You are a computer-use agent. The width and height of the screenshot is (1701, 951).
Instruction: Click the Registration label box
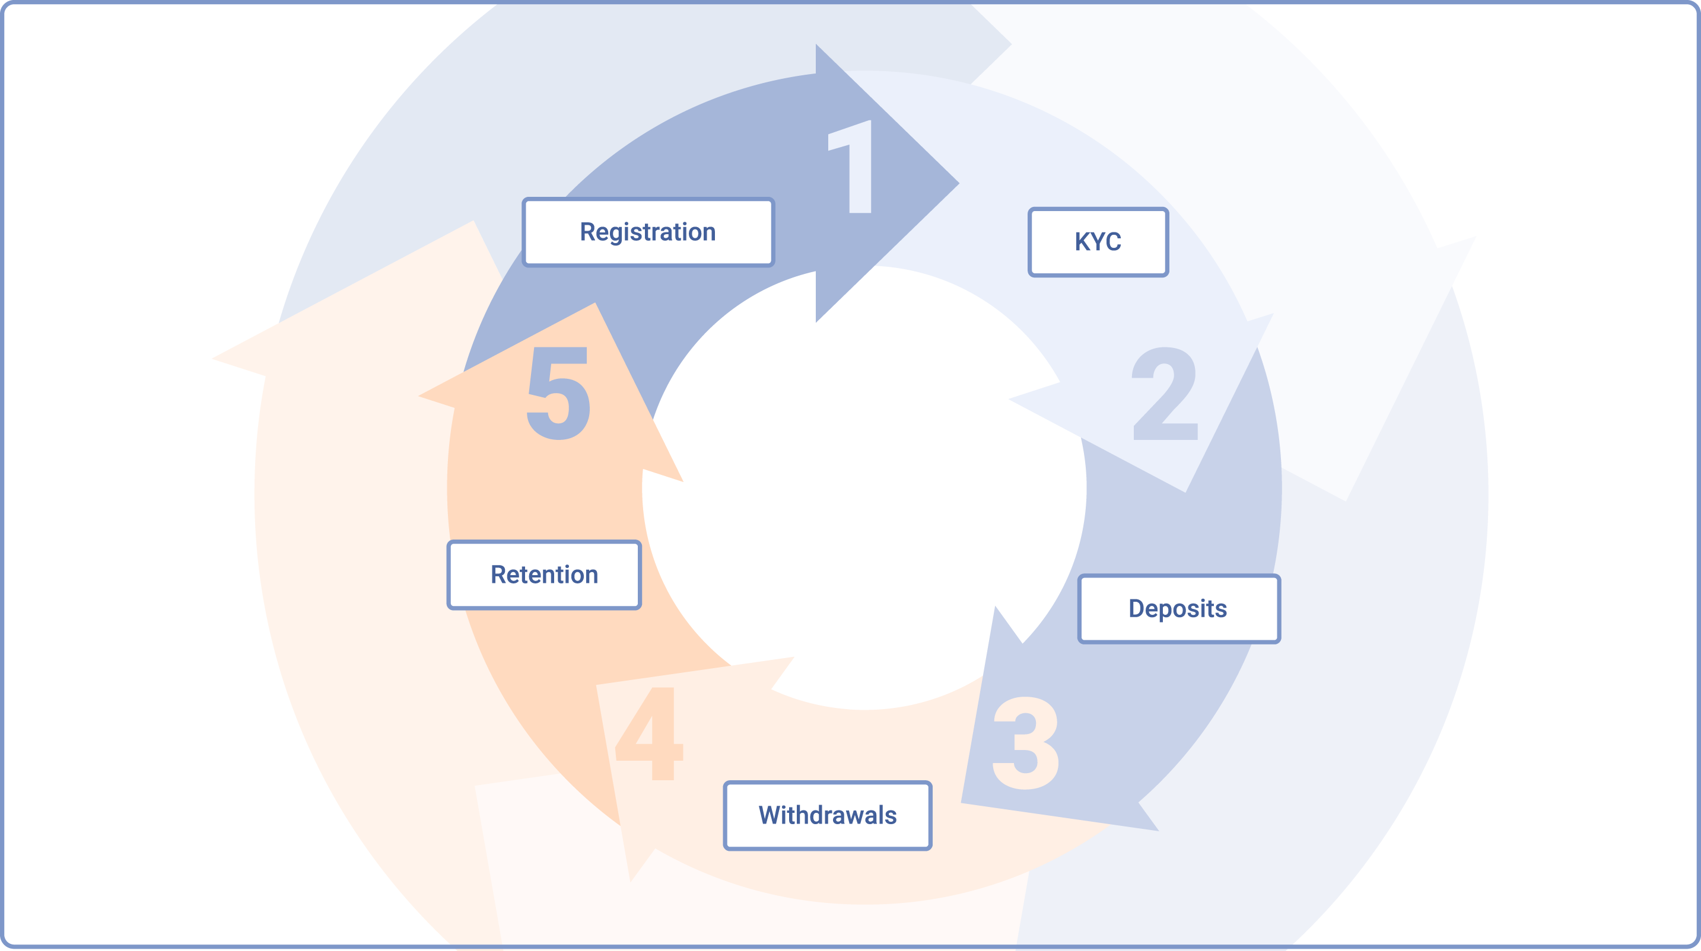[x=648, y=232]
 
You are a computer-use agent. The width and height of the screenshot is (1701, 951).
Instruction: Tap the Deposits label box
[x=1179, y=608]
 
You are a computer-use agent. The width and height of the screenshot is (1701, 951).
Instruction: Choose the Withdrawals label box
[x=828, y=816]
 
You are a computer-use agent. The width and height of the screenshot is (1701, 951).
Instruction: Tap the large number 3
[x=1025, y=743]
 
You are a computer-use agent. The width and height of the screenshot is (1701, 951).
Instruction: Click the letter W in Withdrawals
[x=772, y=816]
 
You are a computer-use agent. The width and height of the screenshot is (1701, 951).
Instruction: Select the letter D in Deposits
[x=1137, y=608]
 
